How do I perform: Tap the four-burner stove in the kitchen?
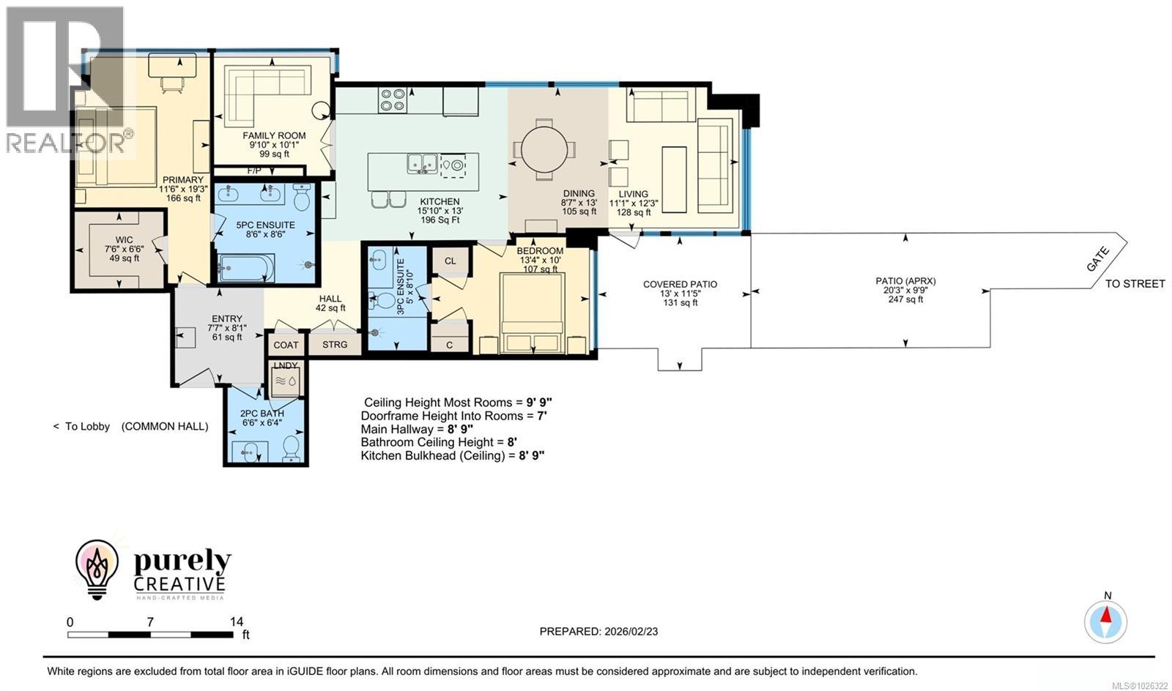coord(393,100)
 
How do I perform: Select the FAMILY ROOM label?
coord(274,135)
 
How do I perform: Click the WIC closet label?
coord(123,239)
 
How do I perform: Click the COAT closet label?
coord(286,345)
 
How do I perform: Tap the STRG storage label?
coord(335,344)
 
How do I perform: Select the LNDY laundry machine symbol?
coord(285,381)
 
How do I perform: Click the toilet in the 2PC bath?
coord(291,448)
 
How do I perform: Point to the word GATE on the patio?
coord(1097,259)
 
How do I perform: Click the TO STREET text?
coord(1135,284)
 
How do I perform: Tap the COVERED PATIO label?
coord(680,285)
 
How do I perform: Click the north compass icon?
coord(1105,622)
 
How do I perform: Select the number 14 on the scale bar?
coord(237,621)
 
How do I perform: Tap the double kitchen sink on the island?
coord(423,164)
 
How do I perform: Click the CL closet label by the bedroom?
coord(450,261)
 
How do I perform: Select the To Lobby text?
coord(86,426)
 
